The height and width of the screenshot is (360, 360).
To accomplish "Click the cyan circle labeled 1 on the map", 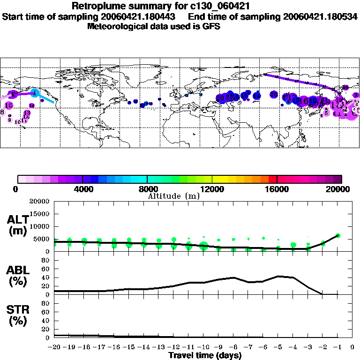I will pos(35,91).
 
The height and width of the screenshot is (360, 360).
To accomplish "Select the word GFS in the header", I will pos(211,26).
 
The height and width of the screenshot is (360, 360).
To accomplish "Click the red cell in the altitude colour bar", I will pos(273,179).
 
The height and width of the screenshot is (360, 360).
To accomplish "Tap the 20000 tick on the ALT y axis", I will pos(40,202).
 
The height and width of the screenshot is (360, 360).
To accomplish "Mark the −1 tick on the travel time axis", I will pos(337,347).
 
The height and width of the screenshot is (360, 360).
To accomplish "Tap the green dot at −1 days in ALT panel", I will pos(337,236).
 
